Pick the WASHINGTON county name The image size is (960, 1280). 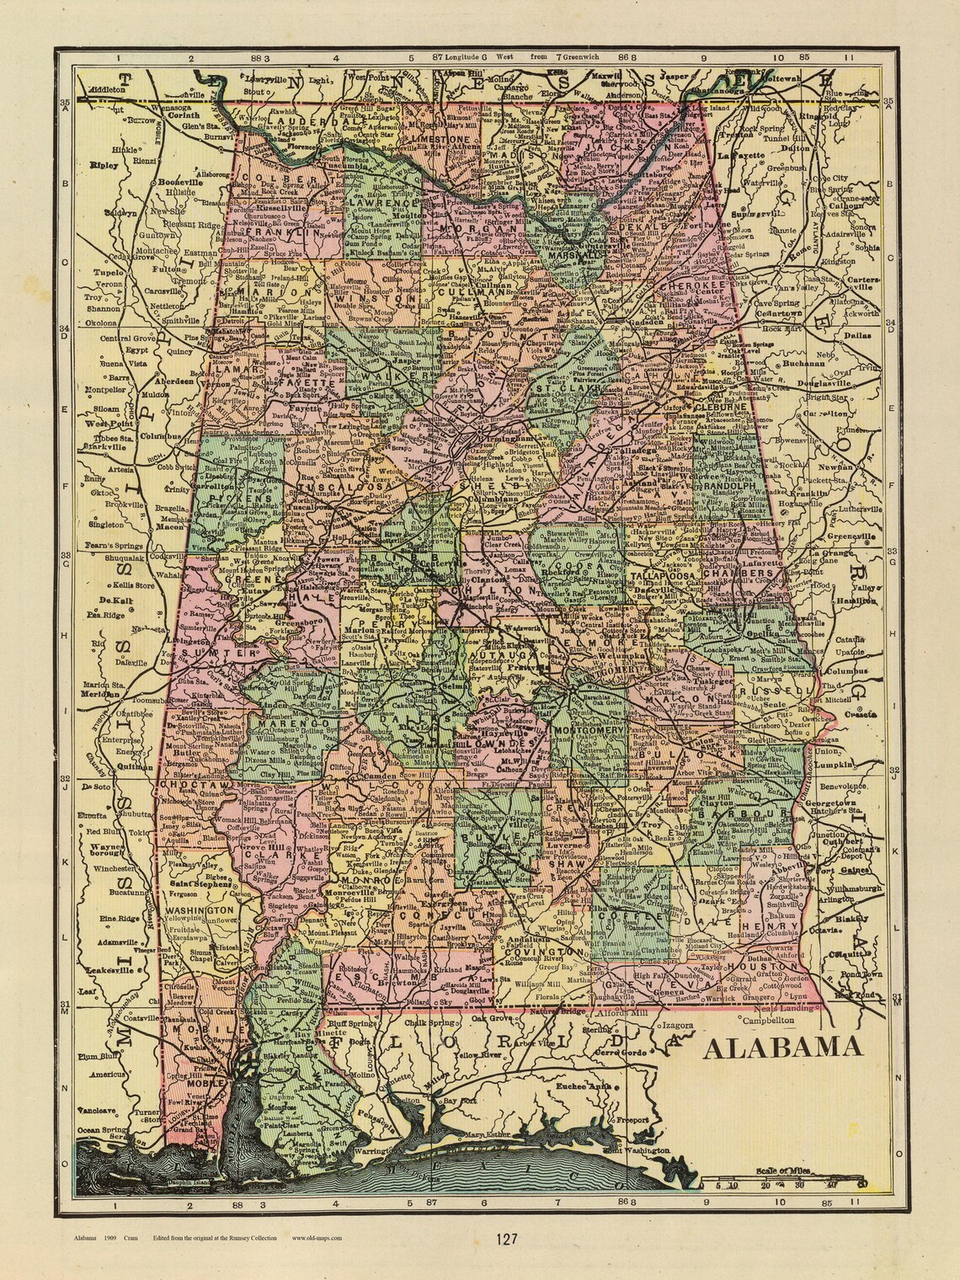(199, 910)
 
